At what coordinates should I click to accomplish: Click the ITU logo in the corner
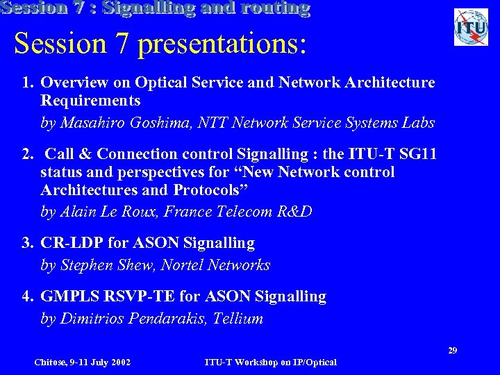click(471, 27)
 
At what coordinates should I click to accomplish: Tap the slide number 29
click(452, 351)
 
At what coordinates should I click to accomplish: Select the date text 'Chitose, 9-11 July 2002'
click(83, 362)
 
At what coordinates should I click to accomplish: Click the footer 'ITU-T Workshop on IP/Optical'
click(271, 362)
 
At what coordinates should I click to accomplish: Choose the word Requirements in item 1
click(90, 101)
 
